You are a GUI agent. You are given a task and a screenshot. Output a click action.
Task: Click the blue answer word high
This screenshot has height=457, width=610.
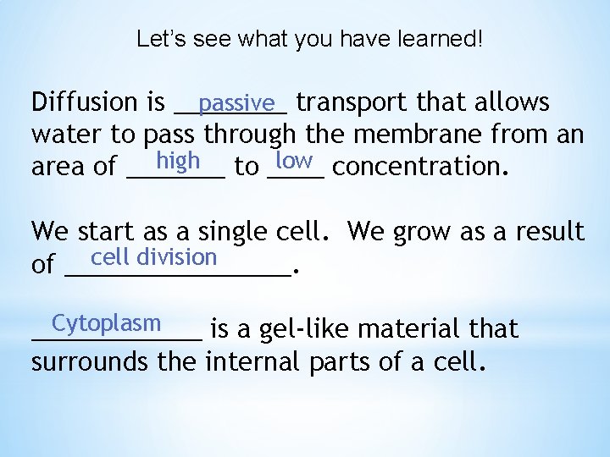178,160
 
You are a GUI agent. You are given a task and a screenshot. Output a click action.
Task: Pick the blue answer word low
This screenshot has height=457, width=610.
295,160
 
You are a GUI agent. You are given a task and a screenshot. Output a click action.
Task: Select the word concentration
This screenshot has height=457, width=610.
421,167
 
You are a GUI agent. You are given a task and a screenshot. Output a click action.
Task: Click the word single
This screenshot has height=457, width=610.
236,231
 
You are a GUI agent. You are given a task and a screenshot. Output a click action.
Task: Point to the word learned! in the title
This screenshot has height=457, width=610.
441,40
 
